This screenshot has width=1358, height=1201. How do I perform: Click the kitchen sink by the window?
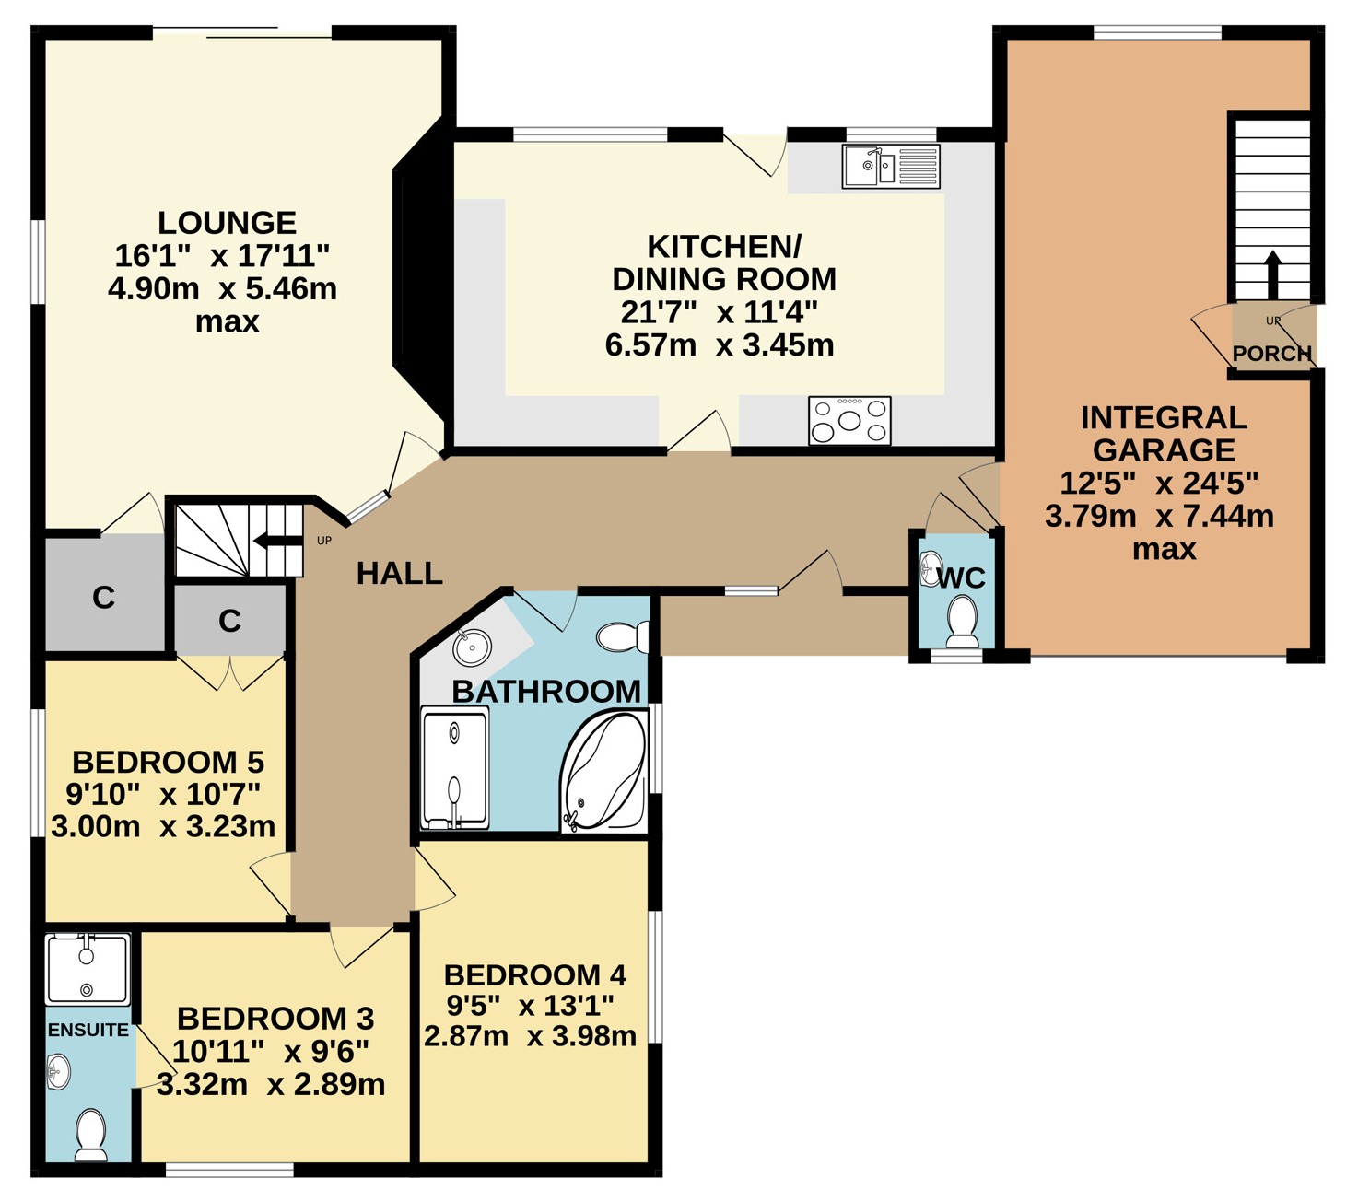pyautogui.click(x=891, y=166)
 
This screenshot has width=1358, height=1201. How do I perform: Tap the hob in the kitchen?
pyautogui.click(x=849, y=420)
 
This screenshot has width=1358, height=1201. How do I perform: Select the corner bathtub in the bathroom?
pyautogui.click(x=603, y=772)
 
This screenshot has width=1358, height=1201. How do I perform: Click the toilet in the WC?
pyautogui.click(x=962, y=622)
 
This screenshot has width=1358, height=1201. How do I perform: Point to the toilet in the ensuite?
pyautogui.click(x=90, y=1135)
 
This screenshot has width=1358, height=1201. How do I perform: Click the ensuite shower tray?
pyautogui.click(x=88, y=970)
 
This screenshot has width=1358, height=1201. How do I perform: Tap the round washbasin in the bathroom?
pyautogui.click(x=472, y=647)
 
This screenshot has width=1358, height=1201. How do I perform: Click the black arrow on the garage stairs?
pyautogui.click(x=1272, y=274)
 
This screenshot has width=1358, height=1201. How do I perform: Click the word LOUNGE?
pyautogui.click(x=227, y=223)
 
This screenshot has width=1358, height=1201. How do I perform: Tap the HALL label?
pyautogui.click(x=400, y=574)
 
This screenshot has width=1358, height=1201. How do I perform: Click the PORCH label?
pyautogui.click(x=1271, y=353)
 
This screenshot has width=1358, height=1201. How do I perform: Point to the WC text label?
pyautogui.click(x=961, y=577)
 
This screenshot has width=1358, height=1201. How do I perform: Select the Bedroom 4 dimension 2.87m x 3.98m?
pyautogui.click(x=530, y=1037)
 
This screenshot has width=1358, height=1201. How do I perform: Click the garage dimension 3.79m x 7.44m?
pyautogui.click(x=1160, y=516)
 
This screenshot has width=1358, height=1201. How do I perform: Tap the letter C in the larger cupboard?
pyautogui.click(x=104, y=597)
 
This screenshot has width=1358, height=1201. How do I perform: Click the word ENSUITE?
pyautogui.click(x=88, y=1030)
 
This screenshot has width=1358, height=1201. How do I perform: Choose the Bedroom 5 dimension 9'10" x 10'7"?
pyautogui.click(x=163, y=794)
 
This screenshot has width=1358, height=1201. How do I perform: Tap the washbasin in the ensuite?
pyautogui.click(x=59, y=1073)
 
